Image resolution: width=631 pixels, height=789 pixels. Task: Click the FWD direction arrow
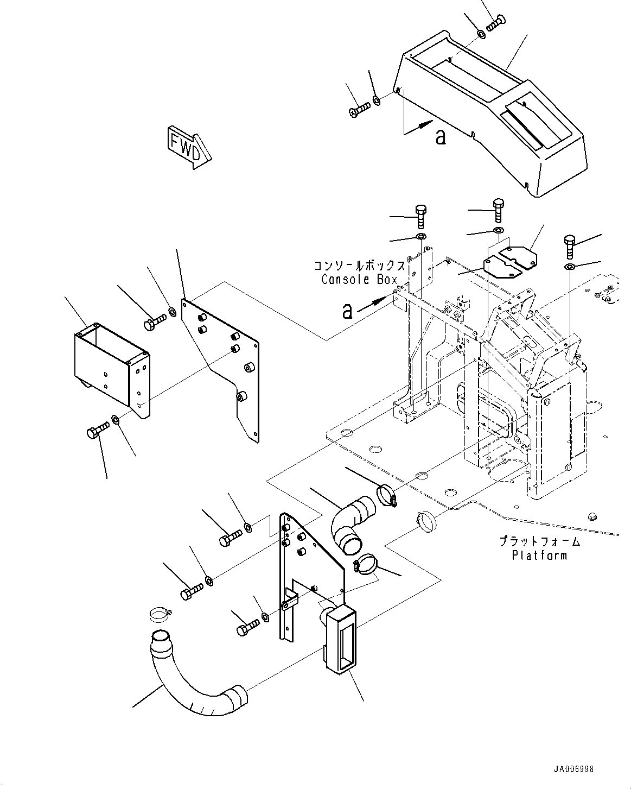click(x=188, y=145)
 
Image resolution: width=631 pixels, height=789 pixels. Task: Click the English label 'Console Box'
click(x=359, y=280)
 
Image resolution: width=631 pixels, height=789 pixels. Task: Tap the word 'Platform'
click(x=539, y=556)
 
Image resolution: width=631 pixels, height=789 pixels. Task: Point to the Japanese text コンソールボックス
click(x=359, y=267)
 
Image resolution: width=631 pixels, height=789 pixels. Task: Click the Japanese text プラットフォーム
click(x=540, y=542)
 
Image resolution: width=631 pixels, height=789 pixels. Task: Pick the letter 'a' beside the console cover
click(x=441, y=137)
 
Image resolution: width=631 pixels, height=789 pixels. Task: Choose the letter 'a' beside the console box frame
click(x=347, y=311)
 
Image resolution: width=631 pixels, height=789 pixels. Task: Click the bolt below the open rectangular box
click(x=98, y=432)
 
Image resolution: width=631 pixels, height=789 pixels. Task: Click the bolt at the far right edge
click(x=569, y=247)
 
